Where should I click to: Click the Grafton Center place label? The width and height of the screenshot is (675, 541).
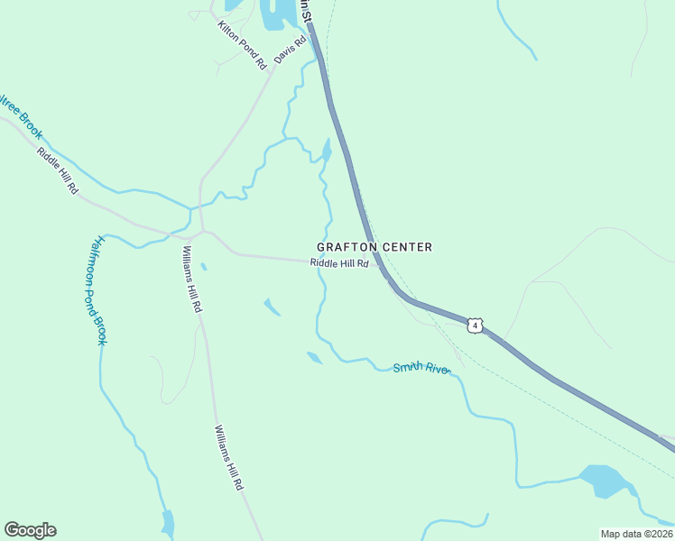pyautogui.click(x=374, y=247)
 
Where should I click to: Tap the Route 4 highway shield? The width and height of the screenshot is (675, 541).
pyautogui.click(x=476, y=325)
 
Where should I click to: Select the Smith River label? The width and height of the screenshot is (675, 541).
pyautogui.click(x=421, y=368)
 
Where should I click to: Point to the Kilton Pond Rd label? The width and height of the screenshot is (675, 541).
pyautogui.click(x=242, y=45)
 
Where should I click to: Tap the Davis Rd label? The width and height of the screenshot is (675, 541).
pyautogui.click(x=291, y=49)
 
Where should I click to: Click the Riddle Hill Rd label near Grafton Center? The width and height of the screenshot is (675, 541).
pyautogui.click(x=339, y=263)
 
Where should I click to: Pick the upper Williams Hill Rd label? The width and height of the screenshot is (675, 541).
pyautogui.click(x=191, y=279)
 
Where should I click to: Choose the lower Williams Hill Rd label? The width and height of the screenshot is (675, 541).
pyautogui.click(x=228, y=457)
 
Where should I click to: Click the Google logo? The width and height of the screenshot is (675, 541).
pyautogui.click(x=30, y=530)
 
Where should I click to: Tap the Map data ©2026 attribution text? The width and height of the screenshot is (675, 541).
pyautogui.click(x=636, y=534)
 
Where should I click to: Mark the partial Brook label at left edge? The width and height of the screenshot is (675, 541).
pyautogui.click(x=20, y=116)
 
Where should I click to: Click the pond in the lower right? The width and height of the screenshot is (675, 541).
pyautogui.click(x=604, y=480)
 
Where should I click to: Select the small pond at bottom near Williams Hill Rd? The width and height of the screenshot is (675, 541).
pyautogui.click(x=168, y=522)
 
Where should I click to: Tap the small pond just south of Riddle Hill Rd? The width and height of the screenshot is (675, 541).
pyautogui.click(x=272, y=307)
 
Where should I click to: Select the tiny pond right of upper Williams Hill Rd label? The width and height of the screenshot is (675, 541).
pyautogui.click(x=203, y=266)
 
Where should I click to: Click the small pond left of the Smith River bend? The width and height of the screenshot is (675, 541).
pyautogui.click(x=314, y=358)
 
